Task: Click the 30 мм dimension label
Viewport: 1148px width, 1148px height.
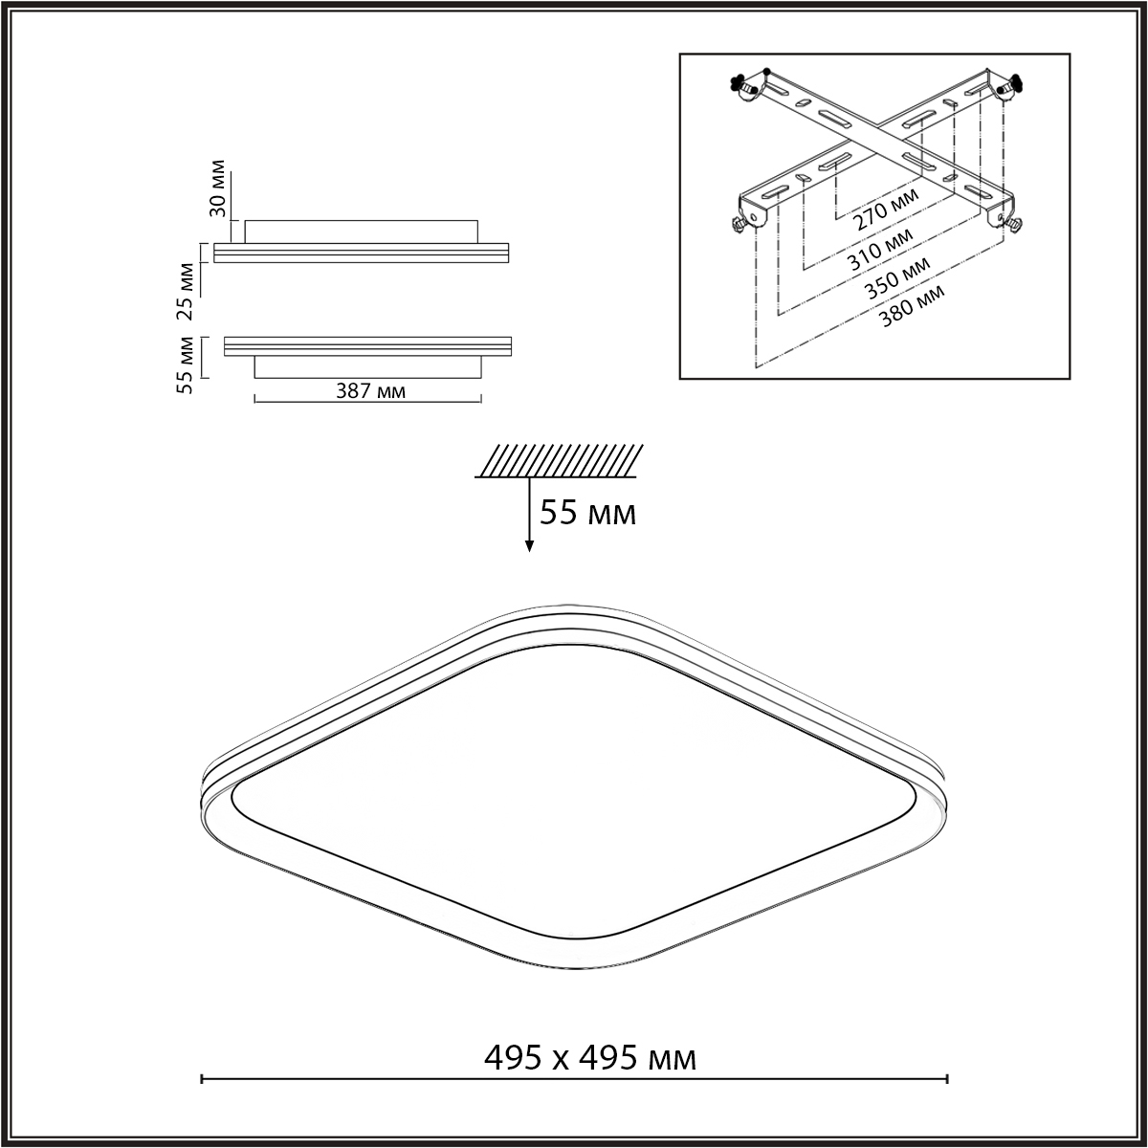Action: coord(218,188)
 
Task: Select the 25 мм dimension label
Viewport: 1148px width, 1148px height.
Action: coord(186,292)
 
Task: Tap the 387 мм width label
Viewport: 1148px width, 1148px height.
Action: coord(370,391)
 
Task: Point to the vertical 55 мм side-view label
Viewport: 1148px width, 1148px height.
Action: coord(186,364)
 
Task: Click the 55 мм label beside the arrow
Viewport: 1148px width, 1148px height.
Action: coord(587,513)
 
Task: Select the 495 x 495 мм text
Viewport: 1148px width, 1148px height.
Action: coord(590,1058)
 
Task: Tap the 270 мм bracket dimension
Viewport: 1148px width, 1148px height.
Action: coord(886,209)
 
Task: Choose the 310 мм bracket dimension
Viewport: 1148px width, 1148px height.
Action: coord(880,249)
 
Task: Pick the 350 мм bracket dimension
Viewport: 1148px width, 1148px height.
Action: coord(897,277)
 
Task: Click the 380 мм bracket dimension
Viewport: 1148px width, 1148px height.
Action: coord(912,306)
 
